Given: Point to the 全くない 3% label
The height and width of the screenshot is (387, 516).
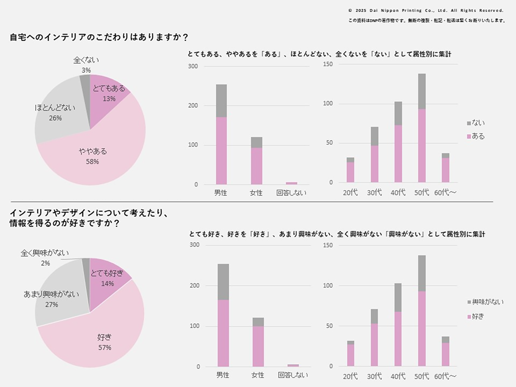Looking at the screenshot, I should tap(86, 65).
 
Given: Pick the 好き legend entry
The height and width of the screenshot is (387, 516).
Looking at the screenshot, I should tap(476, 317).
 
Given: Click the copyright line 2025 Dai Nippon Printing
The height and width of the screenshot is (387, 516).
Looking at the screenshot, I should tap(426, 11).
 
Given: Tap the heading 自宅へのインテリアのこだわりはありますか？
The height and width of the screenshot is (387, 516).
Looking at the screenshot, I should tap(99, 37).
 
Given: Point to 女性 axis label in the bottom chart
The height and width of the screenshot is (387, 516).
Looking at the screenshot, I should tap(258, 375).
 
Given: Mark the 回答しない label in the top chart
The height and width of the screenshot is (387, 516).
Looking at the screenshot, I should tap(291, 193).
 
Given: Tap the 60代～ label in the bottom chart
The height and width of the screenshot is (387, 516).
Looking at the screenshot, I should tap(445, 377).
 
